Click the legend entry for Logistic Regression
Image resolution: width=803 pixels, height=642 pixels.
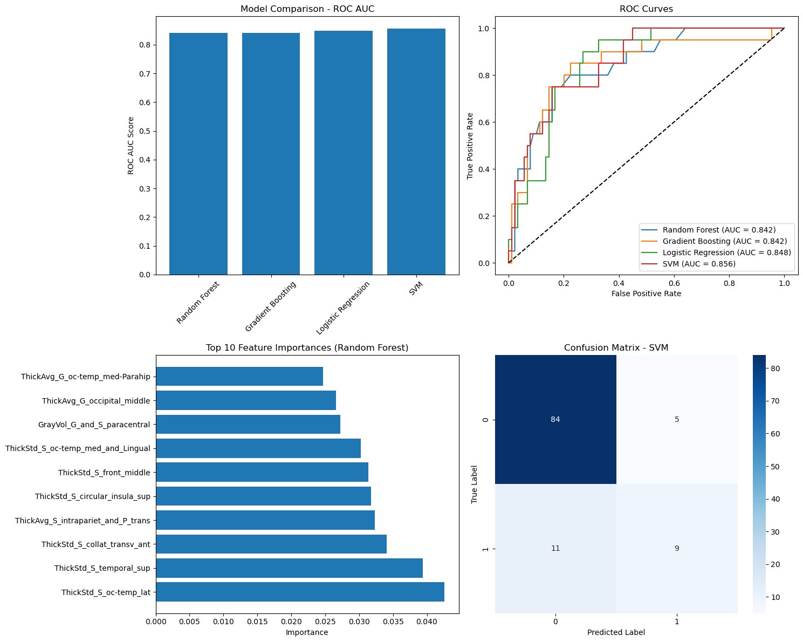tap(726, 252)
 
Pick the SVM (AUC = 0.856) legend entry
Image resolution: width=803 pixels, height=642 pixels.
tap(699, 264)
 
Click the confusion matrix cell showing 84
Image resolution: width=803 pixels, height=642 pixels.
tap(555, 419)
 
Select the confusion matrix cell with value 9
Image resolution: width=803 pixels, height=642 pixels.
tap(677, 548)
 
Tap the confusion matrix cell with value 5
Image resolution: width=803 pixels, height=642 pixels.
tap(677, 419)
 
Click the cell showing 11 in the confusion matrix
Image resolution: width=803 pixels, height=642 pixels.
tap(555, 548)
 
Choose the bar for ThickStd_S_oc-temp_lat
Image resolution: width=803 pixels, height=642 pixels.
tap(300, 592)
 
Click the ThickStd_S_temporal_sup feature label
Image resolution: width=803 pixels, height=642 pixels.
tap(102, 568)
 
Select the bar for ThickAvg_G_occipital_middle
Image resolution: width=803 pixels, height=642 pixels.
tap(246, 400)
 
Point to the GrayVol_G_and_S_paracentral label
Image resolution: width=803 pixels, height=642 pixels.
tap(94, 425)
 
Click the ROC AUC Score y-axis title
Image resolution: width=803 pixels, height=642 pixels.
tap(131, 146)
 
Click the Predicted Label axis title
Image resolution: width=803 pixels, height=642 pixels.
tap(616, 632)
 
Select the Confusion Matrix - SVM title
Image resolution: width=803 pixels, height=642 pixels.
tap(616, 348)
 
